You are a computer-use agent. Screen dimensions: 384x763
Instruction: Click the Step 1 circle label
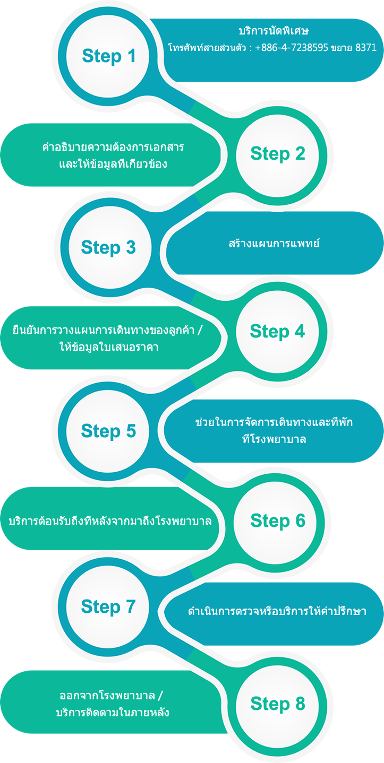click(x=109, y=56)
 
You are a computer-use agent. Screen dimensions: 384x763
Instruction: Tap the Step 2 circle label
click(x=278, y=154)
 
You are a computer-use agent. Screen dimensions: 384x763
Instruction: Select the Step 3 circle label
click(x=108, y=248)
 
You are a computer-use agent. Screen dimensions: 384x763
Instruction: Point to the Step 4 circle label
click(x=277, y=332)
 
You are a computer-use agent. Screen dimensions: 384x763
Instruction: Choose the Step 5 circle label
click(x=108, y=431)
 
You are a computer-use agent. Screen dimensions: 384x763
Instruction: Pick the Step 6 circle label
click(x=278, y=521)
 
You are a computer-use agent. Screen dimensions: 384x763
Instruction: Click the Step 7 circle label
click(x=108, y=607)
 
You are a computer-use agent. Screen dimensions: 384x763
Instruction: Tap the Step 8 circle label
click(x=278, y=704)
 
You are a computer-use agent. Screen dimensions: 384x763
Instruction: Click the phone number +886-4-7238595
click(x=292, y=47)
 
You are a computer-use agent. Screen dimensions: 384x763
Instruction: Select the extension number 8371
click(x=366, y=47)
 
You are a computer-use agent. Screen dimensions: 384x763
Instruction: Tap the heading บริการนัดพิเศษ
click(x=274, y=31)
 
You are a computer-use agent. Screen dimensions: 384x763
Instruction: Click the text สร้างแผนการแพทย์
click(x=274, y=243)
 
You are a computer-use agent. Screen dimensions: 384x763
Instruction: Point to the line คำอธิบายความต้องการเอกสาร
click(x=113, y=147)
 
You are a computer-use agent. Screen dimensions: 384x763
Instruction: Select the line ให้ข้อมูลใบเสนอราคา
click(x=109, y=347)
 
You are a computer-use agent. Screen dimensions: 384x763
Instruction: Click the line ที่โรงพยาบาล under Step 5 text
click(x=274, y=439)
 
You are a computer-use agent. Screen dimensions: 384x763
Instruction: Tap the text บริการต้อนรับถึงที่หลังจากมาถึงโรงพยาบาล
click(x=110, y=521)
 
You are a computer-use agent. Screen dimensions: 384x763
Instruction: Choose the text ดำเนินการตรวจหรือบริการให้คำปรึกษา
click(x=277, y=611)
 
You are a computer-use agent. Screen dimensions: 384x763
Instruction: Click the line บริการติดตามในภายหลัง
click(x=113, y=712)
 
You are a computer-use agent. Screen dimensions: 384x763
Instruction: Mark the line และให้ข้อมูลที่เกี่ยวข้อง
click(x=113, y=164)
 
